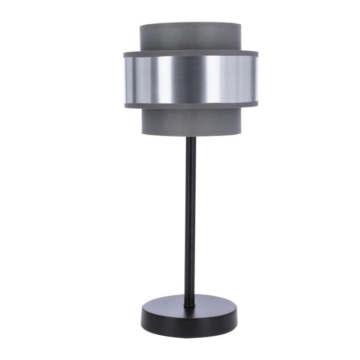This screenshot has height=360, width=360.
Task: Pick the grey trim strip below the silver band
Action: click(190, 106)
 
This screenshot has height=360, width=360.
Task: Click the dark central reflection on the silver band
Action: click(190, 80)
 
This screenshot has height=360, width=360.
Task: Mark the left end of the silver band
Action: click(126, 80)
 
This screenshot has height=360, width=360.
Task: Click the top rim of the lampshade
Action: click(190, 23)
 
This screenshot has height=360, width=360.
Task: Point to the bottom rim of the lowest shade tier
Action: click(190, 134)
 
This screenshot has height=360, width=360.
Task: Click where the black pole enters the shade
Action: click(190, 137)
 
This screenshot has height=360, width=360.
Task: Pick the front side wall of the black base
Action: click(189, 321)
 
